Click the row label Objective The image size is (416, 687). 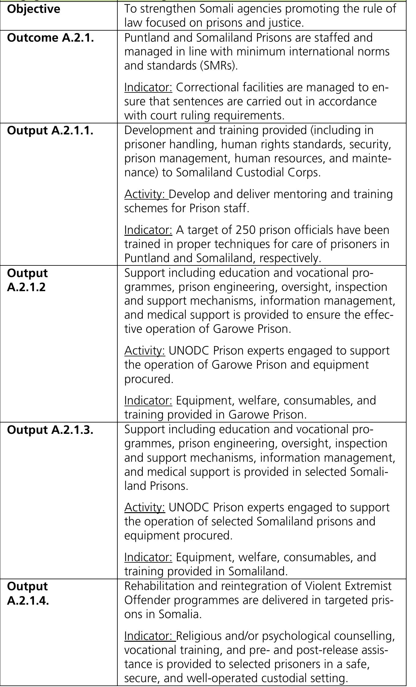point(34,9)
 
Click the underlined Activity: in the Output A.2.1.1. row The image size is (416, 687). point(146,194)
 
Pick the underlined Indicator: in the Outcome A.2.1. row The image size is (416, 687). point(148,88)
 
